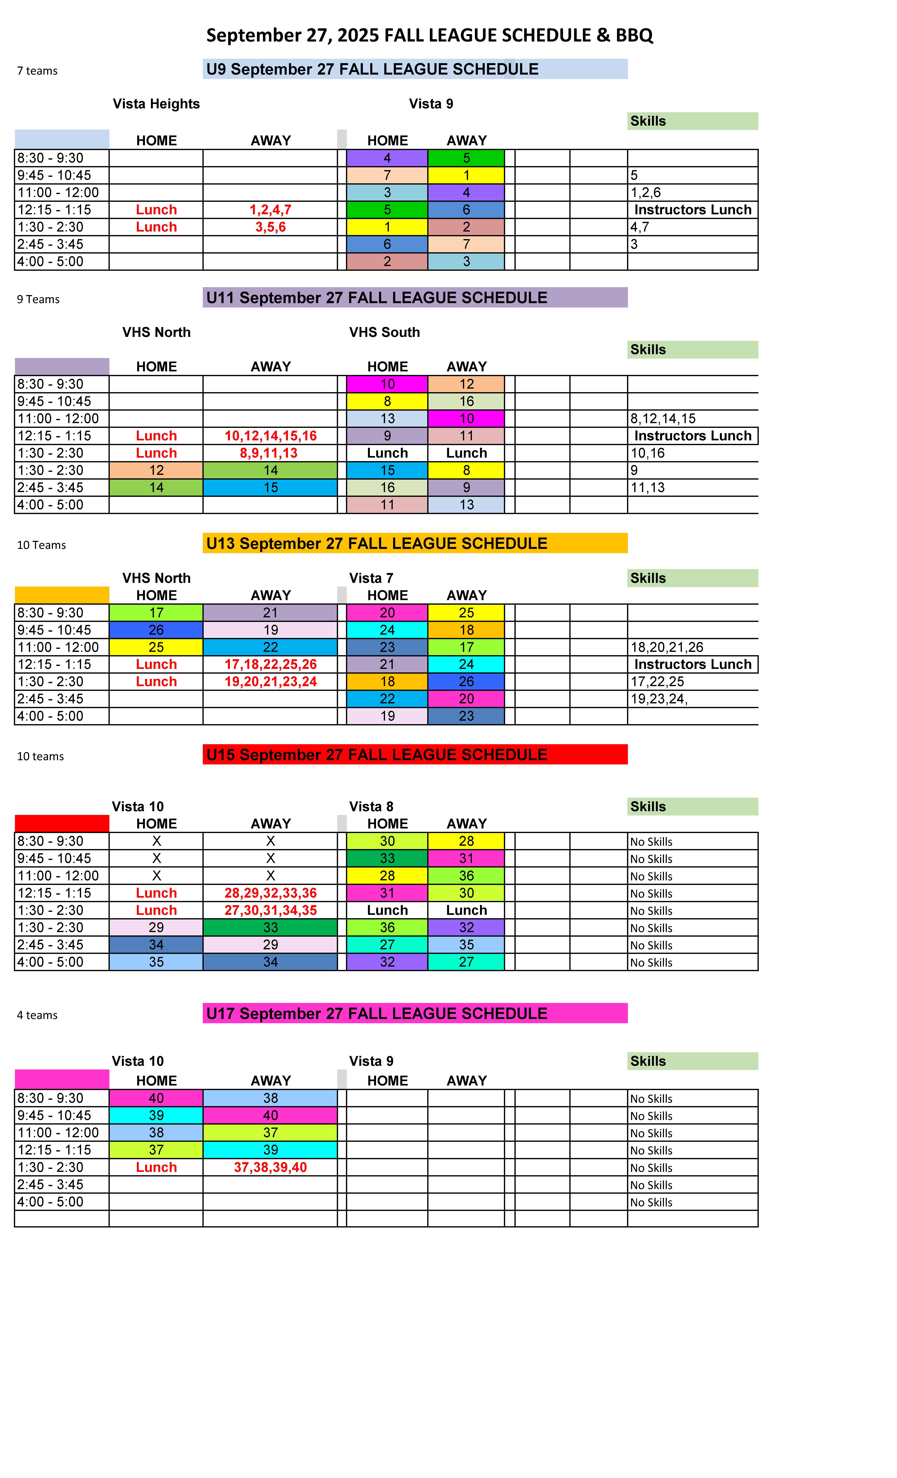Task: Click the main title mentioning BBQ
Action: pos(429,35)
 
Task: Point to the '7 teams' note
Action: pos(37,71)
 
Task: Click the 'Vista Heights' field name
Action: pos(156,104)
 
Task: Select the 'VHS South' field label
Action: pos(384,332)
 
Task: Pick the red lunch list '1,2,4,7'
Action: pos(271,210)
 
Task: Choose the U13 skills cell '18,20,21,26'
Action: pos(667,647)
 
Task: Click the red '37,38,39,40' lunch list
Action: pos(271,1167)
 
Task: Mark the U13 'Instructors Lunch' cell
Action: pos(693,665)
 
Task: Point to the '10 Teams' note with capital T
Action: pos(41,545)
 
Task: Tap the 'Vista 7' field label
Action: pos(371,578)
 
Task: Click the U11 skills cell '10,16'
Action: pos(648,454)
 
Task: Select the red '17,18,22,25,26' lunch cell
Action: pos(271,665)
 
